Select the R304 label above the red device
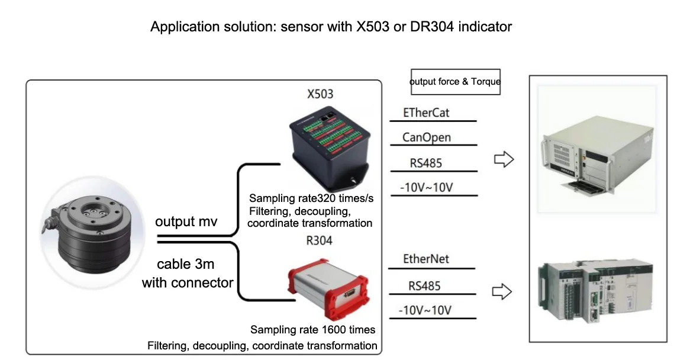click(319, 240)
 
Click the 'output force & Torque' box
click(456, 82)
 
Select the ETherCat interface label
click(430, 112)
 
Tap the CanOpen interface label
click(426, 137)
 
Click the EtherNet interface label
click(426, 259)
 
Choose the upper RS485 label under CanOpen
click(426, 163)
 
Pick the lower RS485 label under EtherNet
click(424, 286)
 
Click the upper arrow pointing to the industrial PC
click(504, 159)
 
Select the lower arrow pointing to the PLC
click(502, 291)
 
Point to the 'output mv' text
click(186, 222)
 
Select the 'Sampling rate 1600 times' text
click(312, 330)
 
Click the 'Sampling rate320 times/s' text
click(311, 198)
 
